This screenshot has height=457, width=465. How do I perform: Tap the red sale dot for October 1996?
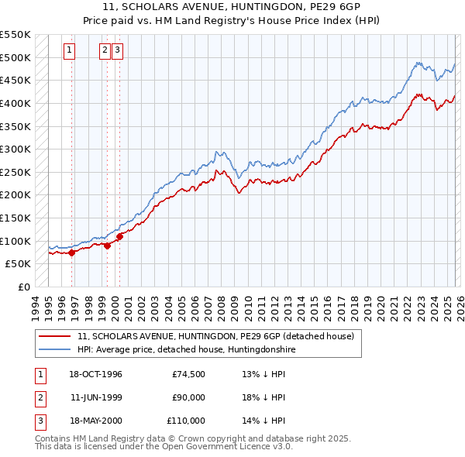(x=72, y=252)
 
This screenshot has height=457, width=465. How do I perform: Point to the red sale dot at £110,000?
(x=120, y=236)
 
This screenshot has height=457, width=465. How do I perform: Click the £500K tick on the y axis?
(x=16, y=57)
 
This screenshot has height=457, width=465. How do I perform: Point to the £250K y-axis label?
(x=16, y=172)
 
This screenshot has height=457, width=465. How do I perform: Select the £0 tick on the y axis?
(x=24, y=287)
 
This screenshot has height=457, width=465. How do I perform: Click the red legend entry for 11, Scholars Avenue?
(x=215, y=336)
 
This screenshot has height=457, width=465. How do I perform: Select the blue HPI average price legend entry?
(x=186, y=350)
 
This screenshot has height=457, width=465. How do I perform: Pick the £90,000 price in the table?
(x=188, y=397)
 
